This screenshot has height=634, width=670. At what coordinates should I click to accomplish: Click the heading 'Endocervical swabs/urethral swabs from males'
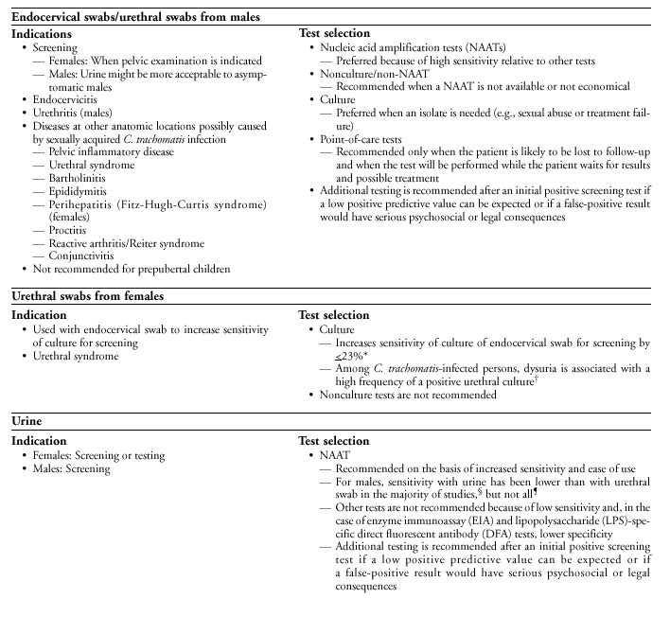pos(136,17)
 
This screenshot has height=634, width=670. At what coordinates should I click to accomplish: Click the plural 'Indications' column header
pos(44,33)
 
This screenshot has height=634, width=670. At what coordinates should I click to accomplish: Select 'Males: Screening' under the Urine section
pos(71,468)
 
